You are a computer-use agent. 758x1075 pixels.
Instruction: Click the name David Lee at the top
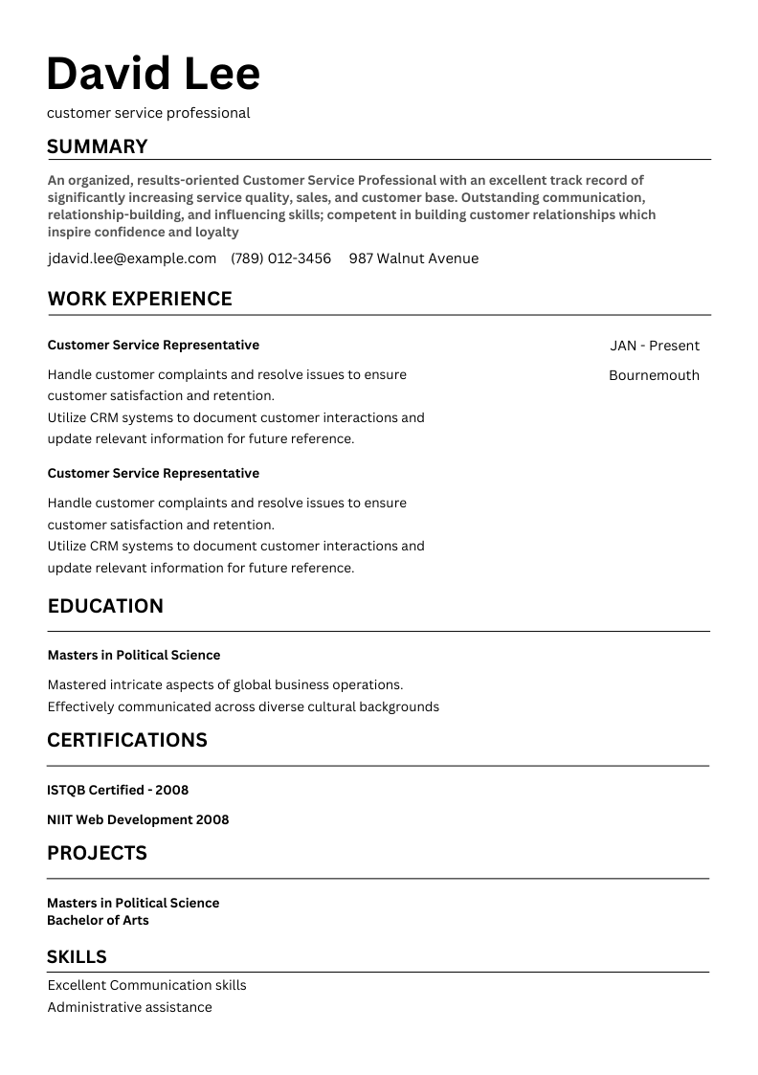153,75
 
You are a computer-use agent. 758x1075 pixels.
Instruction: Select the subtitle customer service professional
148,113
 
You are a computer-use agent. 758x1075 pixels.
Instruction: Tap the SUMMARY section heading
98,146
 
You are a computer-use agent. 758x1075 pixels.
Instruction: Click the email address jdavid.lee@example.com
132,258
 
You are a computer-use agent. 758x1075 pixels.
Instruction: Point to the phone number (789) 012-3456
281,258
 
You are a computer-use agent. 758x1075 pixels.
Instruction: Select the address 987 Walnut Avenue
413,258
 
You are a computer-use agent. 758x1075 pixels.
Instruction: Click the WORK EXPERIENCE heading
140,299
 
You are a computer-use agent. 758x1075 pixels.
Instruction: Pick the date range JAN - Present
655,346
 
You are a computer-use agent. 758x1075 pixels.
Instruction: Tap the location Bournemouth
654,375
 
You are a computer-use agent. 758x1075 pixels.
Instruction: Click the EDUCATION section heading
105,606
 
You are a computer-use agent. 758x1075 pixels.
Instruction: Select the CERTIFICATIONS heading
127,740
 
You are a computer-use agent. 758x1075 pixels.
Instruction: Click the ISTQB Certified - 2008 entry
118,790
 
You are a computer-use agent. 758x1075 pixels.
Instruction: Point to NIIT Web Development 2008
138,819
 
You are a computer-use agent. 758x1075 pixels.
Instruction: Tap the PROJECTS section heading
97,853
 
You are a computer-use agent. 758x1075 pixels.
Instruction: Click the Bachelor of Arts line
98,920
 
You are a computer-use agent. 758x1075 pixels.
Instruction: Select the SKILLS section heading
77,956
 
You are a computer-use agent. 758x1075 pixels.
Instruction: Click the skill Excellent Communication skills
146,985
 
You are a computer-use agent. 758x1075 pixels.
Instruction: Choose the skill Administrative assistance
129,1007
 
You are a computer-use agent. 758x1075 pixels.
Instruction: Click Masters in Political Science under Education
134,655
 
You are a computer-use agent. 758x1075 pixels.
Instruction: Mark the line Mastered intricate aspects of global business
225,684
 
